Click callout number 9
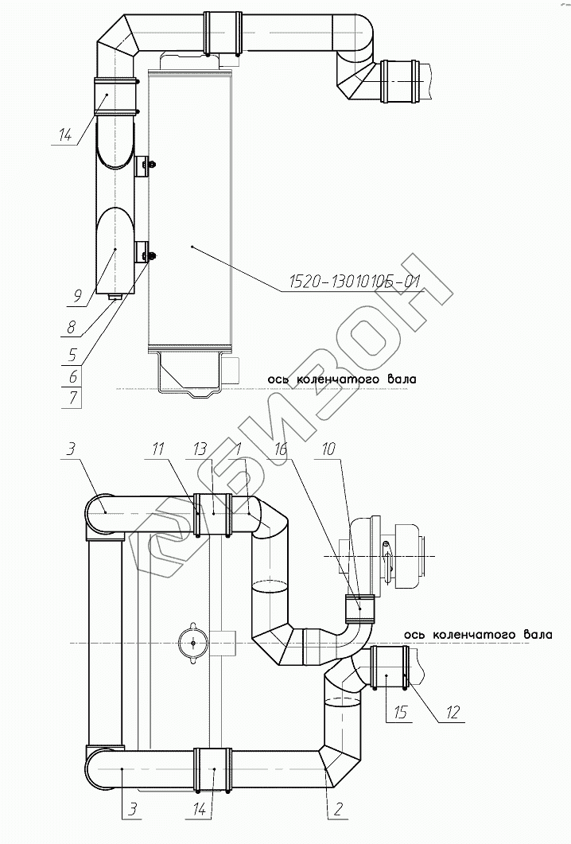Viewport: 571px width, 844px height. (x=77, y=295)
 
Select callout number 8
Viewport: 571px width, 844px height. (x=72, y=326)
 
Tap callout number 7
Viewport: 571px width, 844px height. (x=73, y=399)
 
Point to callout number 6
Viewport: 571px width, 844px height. (x=73, y=376)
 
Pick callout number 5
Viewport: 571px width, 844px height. (x=73, y=354)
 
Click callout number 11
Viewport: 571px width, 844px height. (x=158, y=449)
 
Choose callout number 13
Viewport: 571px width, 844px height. (x=200, y=449)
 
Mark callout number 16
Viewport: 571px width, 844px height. (x=281, y=449)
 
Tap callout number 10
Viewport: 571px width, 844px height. (x=329, y=449)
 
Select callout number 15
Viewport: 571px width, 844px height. (x=400, y=713)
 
